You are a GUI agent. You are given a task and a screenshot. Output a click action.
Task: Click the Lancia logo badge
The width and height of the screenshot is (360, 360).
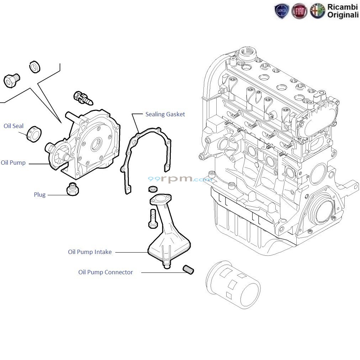pos(282,11)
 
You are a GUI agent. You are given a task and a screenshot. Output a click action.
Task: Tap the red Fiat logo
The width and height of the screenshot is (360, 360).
pos(299,11)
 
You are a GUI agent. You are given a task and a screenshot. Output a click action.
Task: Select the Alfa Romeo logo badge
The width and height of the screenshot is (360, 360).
pos(317,11)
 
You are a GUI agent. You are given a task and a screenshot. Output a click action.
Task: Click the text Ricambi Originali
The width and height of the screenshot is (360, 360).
pos(343,11)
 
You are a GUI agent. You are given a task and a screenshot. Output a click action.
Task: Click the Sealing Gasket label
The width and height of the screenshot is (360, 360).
pos(165,114)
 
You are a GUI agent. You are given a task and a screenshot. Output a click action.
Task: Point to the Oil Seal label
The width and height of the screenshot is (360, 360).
pos(14,126)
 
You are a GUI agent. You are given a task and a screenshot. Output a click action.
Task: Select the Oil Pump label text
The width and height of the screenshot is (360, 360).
pos(13,163)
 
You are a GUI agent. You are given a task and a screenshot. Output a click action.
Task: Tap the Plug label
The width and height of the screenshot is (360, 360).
pos(39,195)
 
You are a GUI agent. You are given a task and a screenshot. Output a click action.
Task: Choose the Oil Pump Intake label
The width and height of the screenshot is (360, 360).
pos(90,252)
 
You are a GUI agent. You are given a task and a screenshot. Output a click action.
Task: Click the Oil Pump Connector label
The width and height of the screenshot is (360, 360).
pos(105,272)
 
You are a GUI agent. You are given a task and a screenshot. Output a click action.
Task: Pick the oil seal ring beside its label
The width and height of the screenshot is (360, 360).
pos(35,134)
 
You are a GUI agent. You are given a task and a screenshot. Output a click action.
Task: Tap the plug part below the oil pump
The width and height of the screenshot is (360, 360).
pos(73,189)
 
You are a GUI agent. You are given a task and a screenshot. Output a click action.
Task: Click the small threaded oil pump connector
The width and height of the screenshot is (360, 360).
pos(189,270)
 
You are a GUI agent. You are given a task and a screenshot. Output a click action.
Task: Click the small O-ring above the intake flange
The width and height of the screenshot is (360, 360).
pos(152,189)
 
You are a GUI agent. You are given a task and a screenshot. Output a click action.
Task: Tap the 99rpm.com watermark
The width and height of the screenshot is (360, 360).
pos(180,179)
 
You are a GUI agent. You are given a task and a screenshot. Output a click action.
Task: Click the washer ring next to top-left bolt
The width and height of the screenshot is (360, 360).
pos(35,67)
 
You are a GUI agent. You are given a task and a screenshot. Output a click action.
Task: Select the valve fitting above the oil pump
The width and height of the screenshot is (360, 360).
pos(83,97)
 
